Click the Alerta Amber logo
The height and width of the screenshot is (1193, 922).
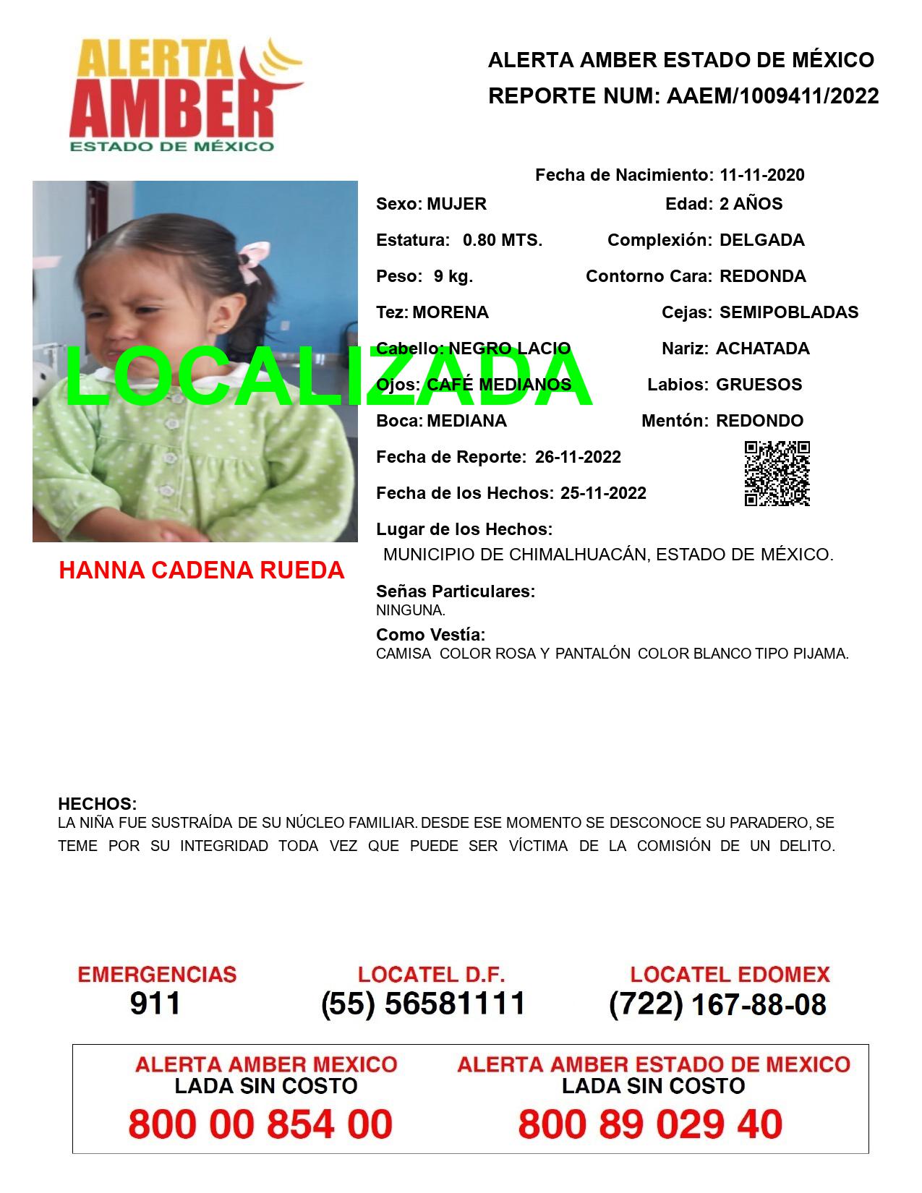(x=184, y=94)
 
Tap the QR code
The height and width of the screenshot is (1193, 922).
(x=777, y=474)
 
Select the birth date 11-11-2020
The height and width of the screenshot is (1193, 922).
(x=761, y=175)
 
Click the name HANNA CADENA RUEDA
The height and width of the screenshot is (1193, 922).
(x=201, y=570)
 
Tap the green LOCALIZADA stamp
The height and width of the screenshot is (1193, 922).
(x=329, y=376)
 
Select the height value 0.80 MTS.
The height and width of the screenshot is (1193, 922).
(x=503, y=240)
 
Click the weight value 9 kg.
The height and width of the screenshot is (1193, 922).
(x=453, y=276)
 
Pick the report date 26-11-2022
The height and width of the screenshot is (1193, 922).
(x=578, y=457)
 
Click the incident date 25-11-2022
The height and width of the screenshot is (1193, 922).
(x=603, y=493)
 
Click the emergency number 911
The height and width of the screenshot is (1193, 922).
(x=155, y=1004)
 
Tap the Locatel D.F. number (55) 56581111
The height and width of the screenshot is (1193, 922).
(x=423, y=1004)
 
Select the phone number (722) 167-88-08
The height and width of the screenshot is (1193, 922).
(x=717, y=1004)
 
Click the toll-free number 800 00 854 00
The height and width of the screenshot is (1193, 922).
(x=260, y=1124)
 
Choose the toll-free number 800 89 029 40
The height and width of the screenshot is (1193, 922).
(x=650, y=1124)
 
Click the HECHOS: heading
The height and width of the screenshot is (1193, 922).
(x=97, y=804)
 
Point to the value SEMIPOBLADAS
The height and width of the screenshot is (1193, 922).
(x=789, y=312)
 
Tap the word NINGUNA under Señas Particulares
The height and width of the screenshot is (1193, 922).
(x=410, y=610)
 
